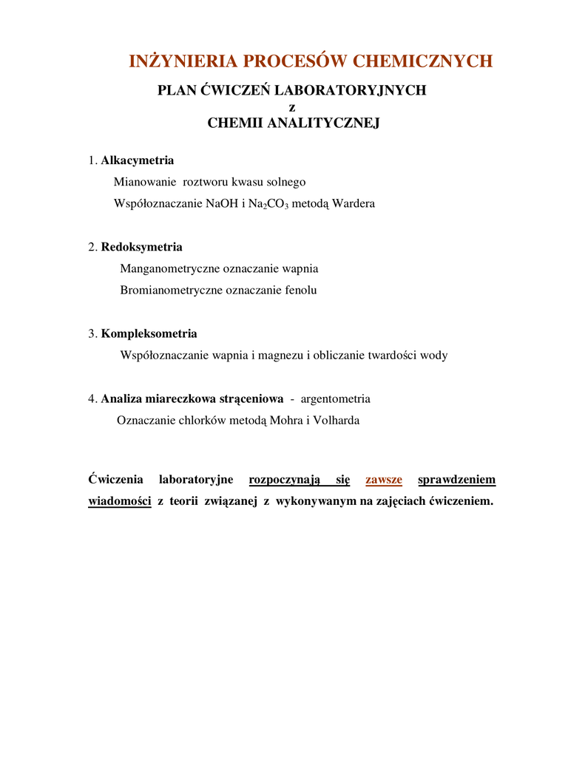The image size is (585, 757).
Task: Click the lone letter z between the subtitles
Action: click(x=292, y=107)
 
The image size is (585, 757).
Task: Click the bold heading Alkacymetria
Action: click(x=138, y=160)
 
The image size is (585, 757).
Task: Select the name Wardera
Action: click(x=354, y=203)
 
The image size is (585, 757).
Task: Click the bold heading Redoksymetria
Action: click(x=141, y=247)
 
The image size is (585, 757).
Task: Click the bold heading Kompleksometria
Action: click(x=149, y=333)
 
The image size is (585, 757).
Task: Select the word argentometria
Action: click(x=335, y=399)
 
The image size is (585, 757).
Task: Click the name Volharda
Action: click(x=337, y=421)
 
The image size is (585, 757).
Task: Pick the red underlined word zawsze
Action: click(x=384, y=480)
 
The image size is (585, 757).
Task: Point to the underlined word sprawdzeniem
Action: click(x=456, y=480)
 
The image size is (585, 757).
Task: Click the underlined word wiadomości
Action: click(x=120, y=501)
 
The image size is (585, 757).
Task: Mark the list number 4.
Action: click(x=92, y=399)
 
